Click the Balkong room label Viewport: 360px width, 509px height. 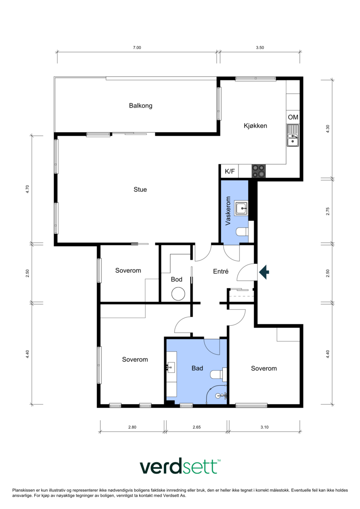pyautogui.click(x=140, y=105)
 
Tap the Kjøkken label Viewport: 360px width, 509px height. pyautogui.click(x=256, y=126)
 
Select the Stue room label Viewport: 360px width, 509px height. pyautogui.click(x=140, y=189)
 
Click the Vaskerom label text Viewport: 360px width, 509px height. pyautogui.click(x=228, y=211)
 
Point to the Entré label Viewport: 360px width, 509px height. pyautogui.click(x=221, y=271)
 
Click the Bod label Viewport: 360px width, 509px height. pyautogui.click(x=176, y=279)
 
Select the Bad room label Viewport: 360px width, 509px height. pyautogui.click(x=198, y=368)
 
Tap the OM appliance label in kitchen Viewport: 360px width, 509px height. pyautogui.click(x=293, y=117)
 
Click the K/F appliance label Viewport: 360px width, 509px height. pyautogui.click(x=230, y=171)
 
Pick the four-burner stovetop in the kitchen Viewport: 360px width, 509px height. pyautogui.click(x=259, y=171)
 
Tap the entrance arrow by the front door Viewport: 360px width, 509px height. pyautogui.click(x=264, y=272)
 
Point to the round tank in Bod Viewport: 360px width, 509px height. pyautogui.click(x=178, y=294)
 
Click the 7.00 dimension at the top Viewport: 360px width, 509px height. pyautogui.click(x=137, y=47)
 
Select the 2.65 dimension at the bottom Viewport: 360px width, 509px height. pyautogui.click(x=197, y=427)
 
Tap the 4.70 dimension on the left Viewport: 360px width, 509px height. pyautogui.click(x=27, y=189)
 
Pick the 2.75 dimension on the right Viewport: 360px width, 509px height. pyautogui.click(x=328, y=212)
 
